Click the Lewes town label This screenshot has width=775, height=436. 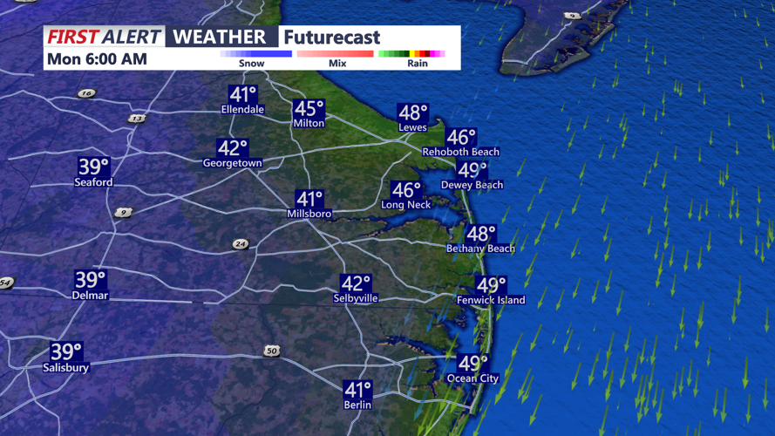pyautogui.click(x=412, y=127)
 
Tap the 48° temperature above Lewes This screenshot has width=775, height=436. pyautogui.click(x=412, y=112)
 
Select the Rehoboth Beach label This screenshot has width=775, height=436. pyautogui.click(x=460, y=152)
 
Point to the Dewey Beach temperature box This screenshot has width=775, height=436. pyautogui.click(x=472, y=170)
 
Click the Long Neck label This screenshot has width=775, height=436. pyautogui.click(x=406, y=205)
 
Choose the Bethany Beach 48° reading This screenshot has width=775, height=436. pyautogui.click(x=480, y=234)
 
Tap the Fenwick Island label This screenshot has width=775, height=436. pyautogui.click(x=491, y=300)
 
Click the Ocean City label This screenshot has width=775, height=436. pyautogui.click(x=472, y=378)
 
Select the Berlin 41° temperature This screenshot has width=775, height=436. pyautogui.click(x=357, y=390)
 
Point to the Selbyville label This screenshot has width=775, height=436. pyautogui.click(x=356, y=298)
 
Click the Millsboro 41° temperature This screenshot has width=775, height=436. pyautogui.click(x=309, y=200)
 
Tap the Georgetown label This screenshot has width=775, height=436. pyautogui.click(x=232, y=163)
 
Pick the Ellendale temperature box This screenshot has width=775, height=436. pyautogui.click(x=242, y=95)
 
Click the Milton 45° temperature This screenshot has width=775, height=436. pyautogui.click(x=309, y=109)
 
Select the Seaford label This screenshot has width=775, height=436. pyautogui.click(x=93, y=182)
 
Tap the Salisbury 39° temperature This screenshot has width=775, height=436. pyautogui.click(x=65, y=352)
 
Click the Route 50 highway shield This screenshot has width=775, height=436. pyautogui.click(x=272, y=351)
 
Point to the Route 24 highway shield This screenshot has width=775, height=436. pyautogui.click(x=240, y=244)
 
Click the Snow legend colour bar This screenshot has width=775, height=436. pyautogui.click(x=255, y=54)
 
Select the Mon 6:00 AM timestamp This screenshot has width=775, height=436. pyautogui.click(x=98, y=59)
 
